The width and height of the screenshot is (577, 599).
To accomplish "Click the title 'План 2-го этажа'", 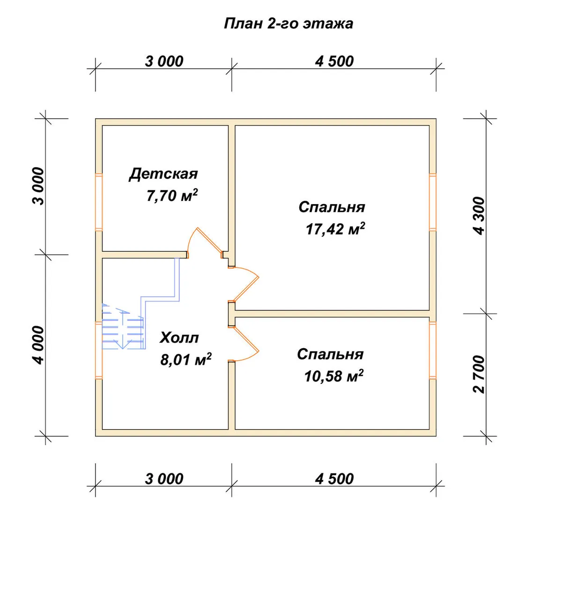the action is point(288,24).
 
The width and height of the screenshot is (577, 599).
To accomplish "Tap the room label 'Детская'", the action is point(163,174).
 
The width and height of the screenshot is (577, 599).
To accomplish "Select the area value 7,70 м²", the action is point(172,196).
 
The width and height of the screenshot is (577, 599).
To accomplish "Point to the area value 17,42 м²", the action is point(335,229).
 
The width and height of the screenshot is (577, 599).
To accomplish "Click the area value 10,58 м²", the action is point(334,375).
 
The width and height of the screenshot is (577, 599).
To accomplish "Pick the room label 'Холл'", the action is point(179,338).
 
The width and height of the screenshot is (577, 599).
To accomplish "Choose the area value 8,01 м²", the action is point(186,359).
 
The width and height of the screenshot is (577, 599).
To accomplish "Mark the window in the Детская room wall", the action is point(98,202).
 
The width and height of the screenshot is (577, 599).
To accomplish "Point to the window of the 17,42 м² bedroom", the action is point(433,202).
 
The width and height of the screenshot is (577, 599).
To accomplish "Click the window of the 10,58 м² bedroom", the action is point(433,351).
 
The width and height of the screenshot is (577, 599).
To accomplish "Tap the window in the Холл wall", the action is point(98,351).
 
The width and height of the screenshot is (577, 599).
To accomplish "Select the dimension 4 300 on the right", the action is point(479,216).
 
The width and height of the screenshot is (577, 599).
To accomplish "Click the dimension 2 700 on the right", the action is point(479,374).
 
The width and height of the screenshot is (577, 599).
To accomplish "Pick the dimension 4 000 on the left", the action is point(38,345).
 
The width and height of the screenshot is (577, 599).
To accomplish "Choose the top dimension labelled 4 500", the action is point(334,61).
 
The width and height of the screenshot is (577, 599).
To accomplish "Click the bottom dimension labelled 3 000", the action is point(164,479).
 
